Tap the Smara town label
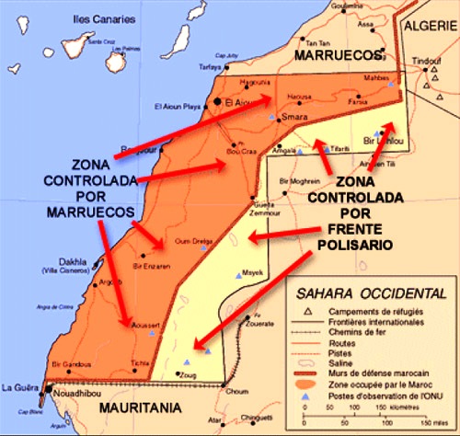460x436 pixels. (x=296, y=120)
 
